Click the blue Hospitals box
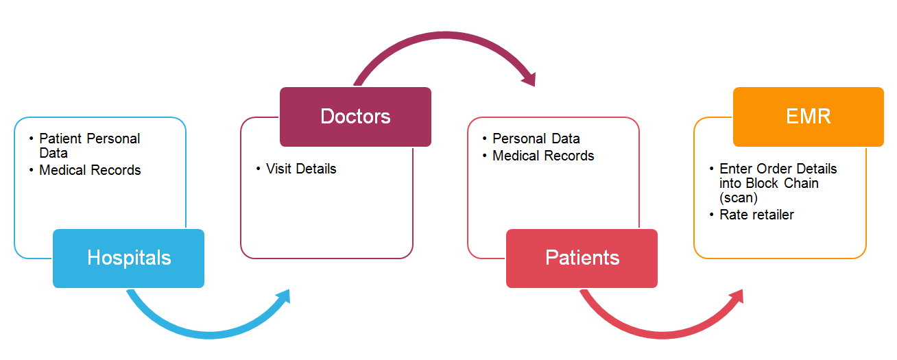click(x=129, y=258)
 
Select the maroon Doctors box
click(x=355, y=117)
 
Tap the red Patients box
click(x=582, y=258)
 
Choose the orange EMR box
click(x=809, y=117)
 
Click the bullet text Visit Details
click(x=301, y=169)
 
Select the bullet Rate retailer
click(x=756, y=215)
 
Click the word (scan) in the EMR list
click(x=739, y=198)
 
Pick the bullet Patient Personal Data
click(x=89, y=145)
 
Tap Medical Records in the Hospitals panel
click(x=90, y=170)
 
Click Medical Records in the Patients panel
click(x=543, y=156)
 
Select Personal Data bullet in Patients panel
click(x=536, y=139)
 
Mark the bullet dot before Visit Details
click(x=258, y=169)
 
